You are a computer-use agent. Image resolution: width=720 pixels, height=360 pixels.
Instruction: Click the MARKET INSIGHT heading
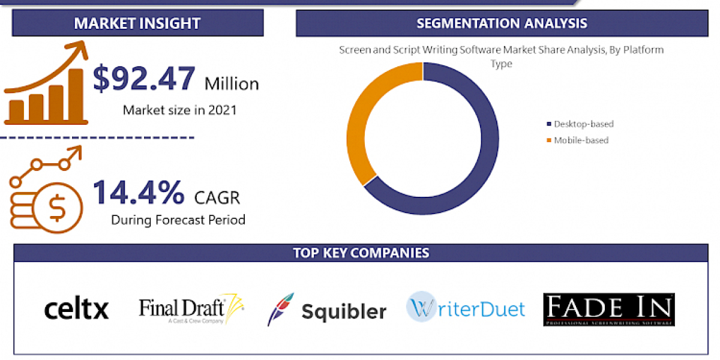137,23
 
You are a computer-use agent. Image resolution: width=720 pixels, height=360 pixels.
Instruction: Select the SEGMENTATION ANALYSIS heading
502,23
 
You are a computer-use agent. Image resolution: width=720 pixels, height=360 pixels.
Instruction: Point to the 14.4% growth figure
139,192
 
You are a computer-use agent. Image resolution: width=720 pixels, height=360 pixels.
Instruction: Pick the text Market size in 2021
179,110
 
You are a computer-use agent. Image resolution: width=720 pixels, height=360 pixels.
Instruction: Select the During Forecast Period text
178,220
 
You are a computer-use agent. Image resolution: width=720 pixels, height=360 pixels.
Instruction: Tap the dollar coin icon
57,206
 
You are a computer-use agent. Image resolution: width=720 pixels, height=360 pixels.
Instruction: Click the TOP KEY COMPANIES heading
361,253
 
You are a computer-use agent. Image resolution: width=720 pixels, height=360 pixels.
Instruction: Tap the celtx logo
76,309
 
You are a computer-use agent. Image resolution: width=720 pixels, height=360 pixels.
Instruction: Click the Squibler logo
327,310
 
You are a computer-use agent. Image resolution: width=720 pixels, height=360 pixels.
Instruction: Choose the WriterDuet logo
466,308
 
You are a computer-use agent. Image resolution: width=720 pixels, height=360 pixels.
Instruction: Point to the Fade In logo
609,310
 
